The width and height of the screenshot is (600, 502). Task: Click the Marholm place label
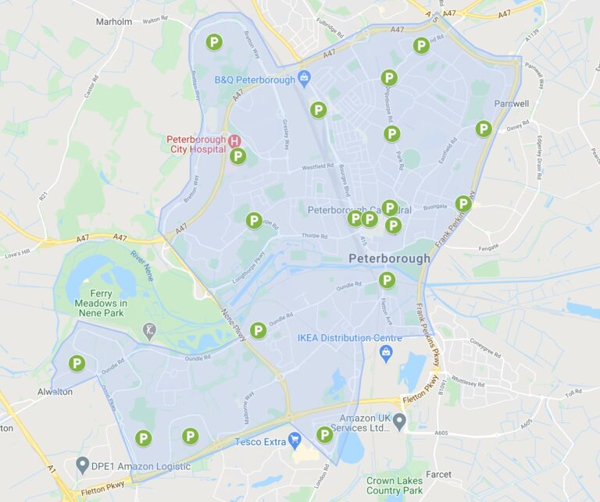point(113,22)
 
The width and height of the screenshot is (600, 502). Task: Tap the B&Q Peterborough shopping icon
point(305,79)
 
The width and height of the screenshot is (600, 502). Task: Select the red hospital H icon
point(234,141)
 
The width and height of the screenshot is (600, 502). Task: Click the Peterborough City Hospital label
point(195,144)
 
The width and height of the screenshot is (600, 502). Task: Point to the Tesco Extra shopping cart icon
point(295,441)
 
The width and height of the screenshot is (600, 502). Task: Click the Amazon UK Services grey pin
point(399,422)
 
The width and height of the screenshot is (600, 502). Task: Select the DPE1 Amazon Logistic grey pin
point(82,465)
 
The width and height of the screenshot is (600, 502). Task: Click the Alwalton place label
point(55,392)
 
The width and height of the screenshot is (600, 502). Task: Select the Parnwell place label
point(512,103)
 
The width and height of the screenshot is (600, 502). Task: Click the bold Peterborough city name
point(389,258)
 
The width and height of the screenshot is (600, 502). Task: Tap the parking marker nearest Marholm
point(213,42)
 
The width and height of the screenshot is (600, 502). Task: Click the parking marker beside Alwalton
point(77,363)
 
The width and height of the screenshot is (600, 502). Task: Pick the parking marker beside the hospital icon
point(238,156)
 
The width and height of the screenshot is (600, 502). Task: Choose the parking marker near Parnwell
point(484,129)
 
